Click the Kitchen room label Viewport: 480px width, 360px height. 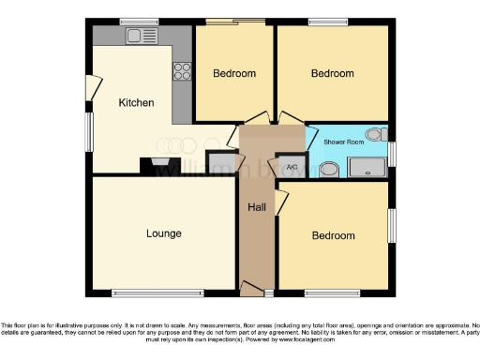pos(136,102)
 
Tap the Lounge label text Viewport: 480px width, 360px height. pos(163,233)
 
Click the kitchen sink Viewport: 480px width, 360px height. pos(142,36)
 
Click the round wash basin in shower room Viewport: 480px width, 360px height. pos(329,170)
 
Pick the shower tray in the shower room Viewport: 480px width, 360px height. pos(367,168)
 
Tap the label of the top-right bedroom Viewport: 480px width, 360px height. pos(333,73)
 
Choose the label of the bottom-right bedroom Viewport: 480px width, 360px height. pos(333,235)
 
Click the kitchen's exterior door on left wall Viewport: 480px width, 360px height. pos(91,88)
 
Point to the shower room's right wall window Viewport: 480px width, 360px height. pos(392,154)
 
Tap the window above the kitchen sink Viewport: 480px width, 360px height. pos(139,21)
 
